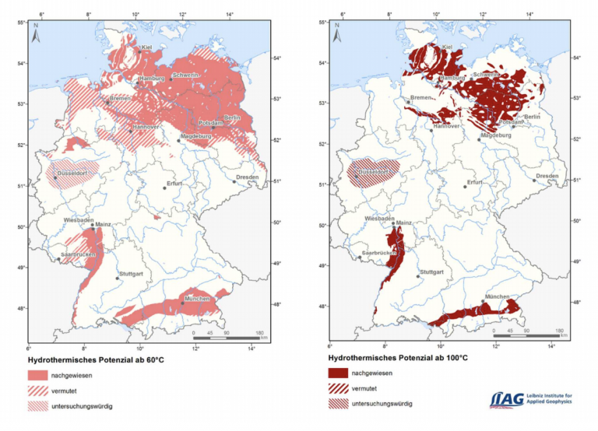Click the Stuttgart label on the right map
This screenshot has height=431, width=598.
click(x=431, y=272)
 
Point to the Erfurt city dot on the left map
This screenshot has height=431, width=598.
click(x=164, y=187)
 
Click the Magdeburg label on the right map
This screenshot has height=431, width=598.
click(x=496, y=135)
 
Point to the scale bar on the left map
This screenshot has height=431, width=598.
click(x=226, y=337)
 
